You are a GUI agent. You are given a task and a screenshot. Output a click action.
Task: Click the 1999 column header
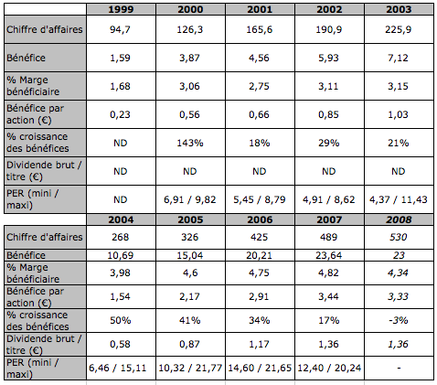pos(121,9)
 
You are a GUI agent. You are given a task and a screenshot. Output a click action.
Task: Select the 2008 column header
pos(399,219)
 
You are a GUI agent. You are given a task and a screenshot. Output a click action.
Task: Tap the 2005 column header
pos(190,219)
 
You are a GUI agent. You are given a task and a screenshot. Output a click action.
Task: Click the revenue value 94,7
pos(120,29)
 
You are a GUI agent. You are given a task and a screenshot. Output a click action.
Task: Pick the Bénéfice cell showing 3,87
pos(189,58)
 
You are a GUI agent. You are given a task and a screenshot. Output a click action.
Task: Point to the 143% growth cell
pos(190,143)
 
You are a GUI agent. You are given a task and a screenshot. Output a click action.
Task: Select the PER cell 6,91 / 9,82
pos(190,199)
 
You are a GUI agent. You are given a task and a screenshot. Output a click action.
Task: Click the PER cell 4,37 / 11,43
pos(399,199)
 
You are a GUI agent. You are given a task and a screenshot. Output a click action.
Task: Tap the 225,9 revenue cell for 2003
pos(399,29)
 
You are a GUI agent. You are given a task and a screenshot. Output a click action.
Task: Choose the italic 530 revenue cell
pos(399,237)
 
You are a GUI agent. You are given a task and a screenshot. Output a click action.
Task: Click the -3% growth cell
pos(399,320)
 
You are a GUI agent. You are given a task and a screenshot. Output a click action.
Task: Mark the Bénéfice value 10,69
pos(121,255)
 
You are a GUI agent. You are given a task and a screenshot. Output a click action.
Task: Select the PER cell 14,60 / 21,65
pos(260,368)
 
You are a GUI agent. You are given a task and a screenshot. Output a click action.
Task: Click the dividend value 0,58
pos(120,344)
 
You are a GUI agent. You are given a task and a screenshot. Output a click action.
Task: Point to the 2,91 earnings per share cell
pos(259,296)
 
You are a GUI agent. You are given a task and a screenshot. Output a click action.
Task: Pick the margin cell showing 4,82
pos(328,273)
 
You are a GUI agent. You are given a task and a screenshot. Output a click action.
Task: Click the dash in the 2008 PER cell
pos(399,369)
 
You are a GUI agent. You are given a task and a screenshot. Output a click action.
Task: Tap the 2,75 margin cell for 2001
pos(259,86)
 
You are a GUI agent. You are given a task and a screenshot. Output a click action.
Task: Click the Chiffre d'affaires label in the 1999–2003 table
pos(45,29)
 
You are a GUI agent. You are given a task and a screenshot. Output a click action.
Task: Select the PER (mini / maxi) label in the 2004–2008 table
pos(33,369)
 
